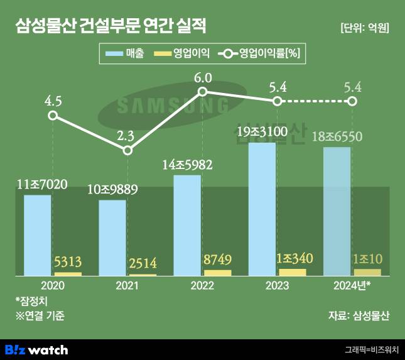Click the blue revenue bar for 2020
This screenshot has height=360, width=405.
(x=38, y=235)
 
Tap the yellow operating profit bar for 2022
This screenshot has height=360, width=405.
(x=218, y=273)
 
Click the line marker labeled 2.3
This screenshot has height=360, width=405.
(x=127, y=150)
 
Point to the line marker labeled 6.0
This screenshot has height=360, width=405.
(x=202, y=92)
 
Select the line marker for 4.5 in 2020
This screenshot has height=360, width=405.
(x=53, y=116)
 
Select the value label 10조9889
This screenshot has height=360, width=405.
(x=112, y=188)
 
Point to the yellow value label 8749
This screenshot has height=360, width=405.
(x=218, y=259)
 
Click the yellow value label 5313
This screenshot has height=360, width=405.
(x=68, y=262)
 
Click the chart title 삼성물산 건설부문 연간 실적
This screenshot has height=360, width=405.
(x=110, y=27)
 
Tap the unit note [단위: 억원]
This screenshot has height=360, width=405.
(x=364, y=28)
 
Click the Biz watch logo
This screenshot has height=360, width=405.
(x=36, y=349)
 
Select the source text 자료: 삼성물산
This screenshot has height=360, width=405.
(x=359, y=315)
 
